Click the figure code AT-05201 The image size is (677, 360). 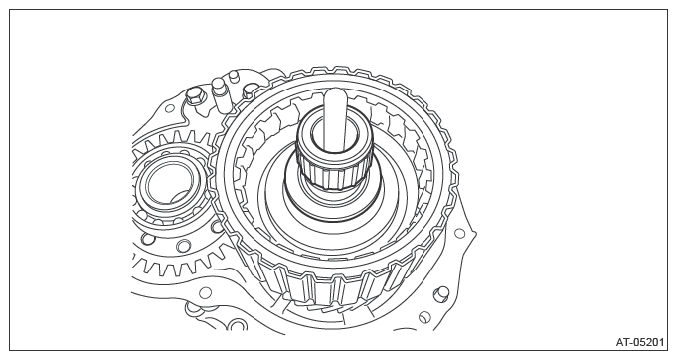coord(639,342)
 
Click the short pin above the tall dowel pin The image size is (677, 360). coord(234,77)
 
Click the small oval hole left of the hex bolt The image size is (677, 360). coord(170,108)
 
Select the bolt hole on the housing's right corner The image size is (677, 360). coord(460,233)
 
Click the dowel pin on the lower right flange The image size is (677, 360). coord(440,294)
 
